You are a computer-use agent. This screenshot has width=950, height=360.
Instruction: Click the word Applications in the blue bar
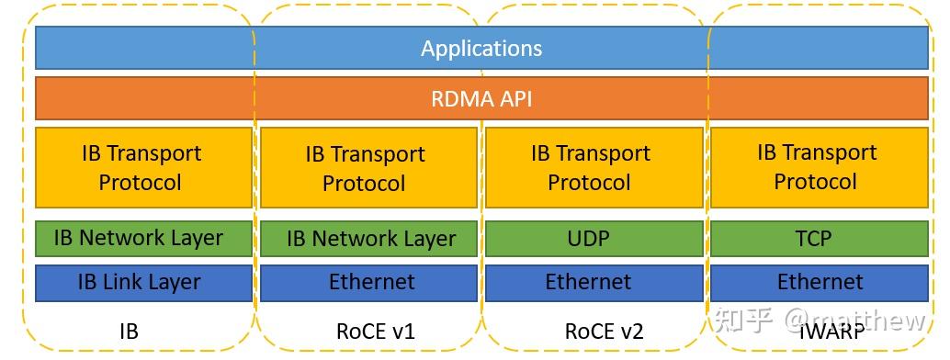[481, 48]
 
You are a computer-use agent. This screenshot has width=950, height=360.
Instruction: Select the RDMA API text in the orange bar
[481, 98]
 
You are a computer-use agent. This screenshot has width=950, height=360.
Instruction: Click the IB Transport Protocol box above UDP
[590, 167]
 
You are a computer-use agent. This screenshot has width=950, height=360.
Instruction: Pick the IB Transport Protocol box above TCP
[817, 167]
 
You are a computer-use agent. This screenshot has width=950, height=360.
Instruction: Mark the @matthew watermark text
[855, 321]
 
